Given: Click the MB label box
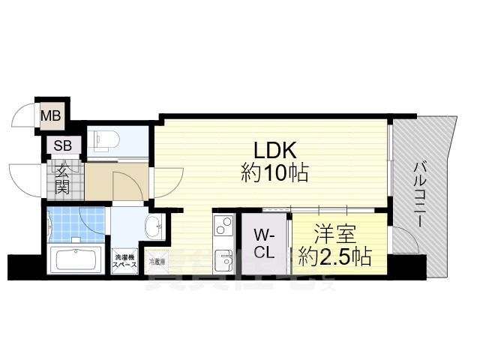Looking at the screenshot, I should [x=51, y=115].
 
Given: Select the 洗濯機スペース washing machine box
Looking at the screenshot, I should [x=124, y=259].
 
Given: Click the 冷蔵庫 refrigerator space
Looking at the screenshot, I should [x=157, y=262].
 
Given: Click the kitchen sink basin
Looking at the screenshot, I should [x=223, y=262].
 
